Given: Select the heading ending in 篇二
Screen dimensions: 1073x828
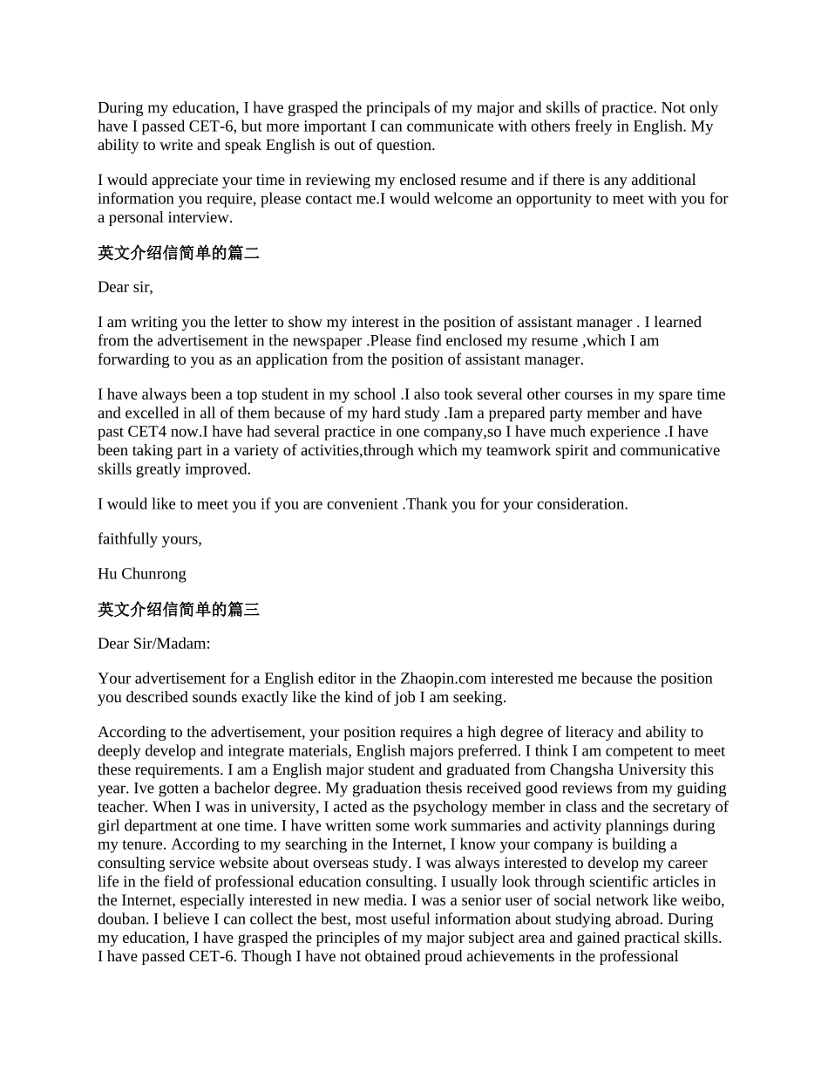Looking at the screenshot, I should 178,253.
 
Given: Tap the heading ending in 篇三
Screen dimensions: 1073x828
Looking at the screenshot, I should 178,610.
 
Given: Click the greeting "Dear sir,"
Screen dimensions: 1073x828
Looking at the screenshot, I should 125,287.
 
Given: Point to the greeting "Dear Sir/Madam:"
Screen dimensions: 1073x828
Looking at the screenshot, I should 153,644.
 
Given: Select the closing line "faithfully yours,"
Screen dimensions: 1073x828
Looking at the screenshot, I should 149,539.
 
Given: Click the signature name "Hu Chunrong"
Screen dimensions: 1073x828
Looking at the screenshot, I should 141,574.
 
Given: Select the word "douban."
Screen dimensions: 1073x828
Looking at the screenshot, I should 124,919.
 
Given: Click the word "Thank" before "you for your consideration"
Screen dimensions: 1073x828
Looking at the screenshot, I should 427,504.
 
